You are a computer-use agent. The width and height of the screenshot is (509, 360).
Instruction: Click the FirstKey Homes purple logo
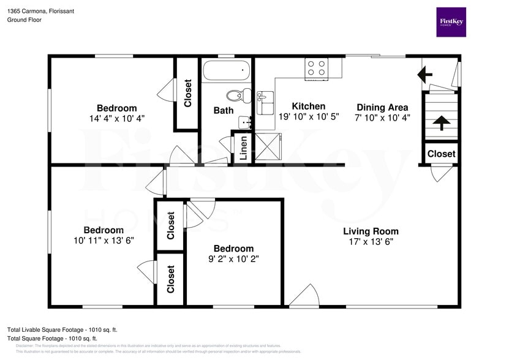click(451, 22)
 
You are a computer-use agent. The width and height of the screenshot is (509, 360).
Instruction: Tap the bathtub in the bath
click(227, 71)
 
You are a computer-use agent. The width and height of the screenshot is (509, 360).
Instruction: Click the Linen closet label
click(244, 148)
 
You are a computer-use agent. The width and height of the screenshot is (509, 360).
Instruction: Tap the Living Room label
click(371, 231)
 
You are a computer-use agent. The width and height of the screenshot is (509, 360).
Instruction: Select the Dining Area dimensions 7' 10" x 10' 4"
click(383, 118)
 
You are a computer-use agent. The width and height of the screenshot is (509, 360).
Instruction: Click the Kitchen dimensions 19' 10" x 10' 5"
click(308, 116)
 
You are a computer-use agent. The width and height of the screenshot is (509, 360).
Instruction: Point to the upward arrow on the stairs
click(440, 122)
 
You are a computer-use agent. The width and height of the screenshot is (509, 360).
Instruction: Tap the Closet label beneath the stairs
click(441, 154)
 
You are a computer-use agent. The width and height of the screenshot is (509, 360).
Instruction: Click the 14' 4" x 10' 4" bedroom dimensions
click(116, 118)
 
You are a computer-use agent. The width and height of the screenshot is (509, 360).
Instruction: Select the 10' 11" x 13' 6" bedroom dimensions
click(104, 240)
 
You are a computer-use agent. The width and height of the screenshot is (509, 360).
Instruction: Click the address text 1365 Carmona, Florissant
click(37, 10)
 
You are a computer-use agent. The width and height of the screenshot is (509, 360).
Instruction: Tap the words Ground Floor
click(24, 20)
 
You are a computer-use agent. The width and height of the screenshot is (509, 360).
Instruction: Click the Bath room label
click(223, 111)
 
